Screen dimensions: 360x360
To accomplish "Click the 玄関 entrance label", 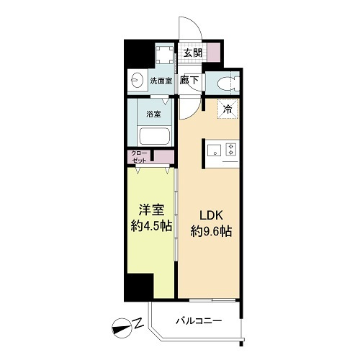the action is point(193,53).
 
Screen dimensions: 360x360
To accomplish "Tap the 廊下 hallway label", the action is point(189,80).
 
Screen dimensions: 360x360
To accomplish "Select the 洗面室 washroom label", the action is point(161,81).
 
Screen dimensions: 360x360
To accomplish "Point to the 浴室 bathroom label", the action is point(153,114).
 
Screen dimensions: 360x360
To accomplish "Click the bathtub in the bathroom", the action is point(155,136).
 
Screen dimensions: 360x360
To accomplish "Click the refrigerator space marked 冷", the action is point(228,109).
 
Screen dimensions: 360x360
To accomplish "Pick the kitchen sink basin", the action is point(215,151).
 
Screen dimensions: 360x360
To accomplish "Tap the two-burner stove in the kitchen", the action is point(231,149).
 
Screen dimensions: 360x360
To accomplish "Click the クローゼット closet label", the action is point(139,156).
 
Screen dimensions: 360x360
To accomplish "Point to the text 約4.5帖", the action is point(151,226).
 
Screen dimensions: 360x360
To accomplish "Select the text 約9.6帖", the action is point(211,232).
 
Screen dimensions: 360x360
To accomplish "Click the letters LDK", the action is point(212,215).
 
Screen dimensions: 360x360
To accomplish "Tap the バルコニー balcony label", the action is point(199,320).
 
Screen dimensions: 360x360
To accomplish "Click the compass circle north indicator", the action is point(122,328).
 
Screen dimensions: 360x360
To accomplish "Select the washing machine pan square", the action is point(164,55).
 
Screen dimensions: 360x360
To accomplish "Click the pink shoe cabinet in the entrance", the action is point(213,52).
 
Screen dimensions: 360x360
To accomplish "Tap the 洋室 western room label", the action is point(151,210).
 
